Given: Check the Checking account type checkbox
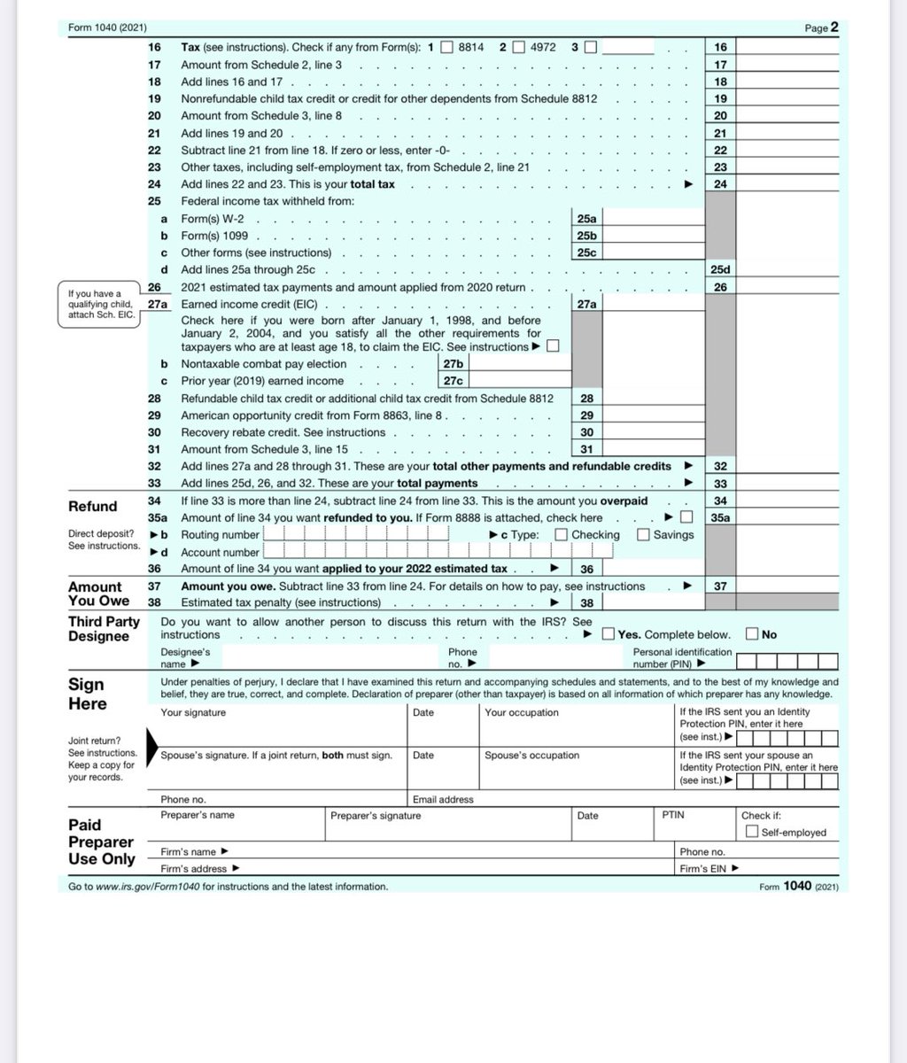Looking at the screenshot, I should point(562,534).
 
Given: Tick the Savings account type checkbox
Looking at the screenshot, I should point(643,534).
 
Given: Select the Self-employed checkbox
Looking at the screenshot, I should point(751,832).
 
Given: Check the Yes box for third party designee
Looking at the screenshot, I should point(609,634).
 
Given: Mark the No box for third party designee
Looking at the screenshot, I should point(752,634).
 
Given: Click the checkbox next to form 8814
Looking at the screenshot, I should point(447,47).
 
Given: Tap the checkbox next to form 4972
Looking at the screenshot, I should point(518,47).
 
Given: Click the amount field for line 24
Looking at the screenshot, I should point(787,184).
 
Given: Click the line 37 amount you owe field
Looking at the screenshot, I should point(787,586).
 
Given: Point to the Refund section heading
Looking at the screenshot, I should point(93,507).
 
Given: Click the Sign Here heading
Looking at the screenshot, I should point(88,694).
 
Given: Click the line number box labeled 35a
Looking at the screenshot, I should point(720,517).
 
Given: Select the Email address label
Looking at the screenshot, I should point(443,799).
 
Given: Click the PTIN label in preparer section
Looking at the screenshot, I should point(673,815).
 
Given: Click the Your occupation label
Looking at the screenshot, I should point(522,713).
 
